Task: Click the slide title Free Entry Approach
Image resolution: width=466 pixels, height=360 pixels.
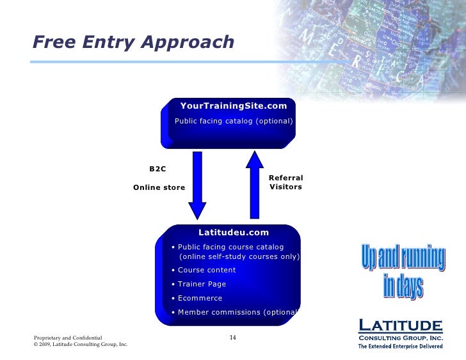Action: click(x=133, y=42)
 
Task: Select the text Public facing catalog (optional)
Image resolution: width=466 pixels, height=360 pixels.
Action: click(x=234, y=121)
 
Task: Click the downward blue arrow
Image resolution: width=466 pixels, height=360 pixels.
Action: click(x=197, y=185)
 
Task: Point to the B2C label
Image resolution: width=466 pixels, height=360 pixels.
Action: click(x=157, y=169)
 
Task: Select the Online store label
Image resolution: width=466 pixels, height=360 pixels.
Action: click(x=159, y=187)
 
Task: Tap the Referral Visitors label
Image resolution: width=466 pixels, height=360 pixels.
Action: click(x=285, y=182)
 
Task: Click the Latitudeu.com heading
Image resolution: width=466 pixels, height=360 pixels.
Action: click(x=234, y=233)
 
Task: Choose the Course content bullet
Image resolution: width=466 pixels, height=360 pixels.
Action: click(x=206, y=270)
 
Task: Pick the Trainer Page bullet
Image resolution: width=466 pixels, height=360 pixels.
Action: click(x=202, y=284)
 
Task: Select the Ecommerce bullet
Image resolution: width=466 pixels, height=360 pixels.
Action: click(x=200, y=298)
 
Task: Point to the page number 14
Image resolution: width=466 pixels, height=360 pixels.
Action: click(x=233, y=337)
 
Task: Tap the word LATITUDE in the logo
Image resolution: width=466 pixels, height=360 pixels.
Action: click(x=400, y=325)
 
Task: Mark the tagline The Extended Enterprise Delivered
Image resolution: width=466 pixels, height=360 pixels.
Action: click(x=400, y=346)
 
